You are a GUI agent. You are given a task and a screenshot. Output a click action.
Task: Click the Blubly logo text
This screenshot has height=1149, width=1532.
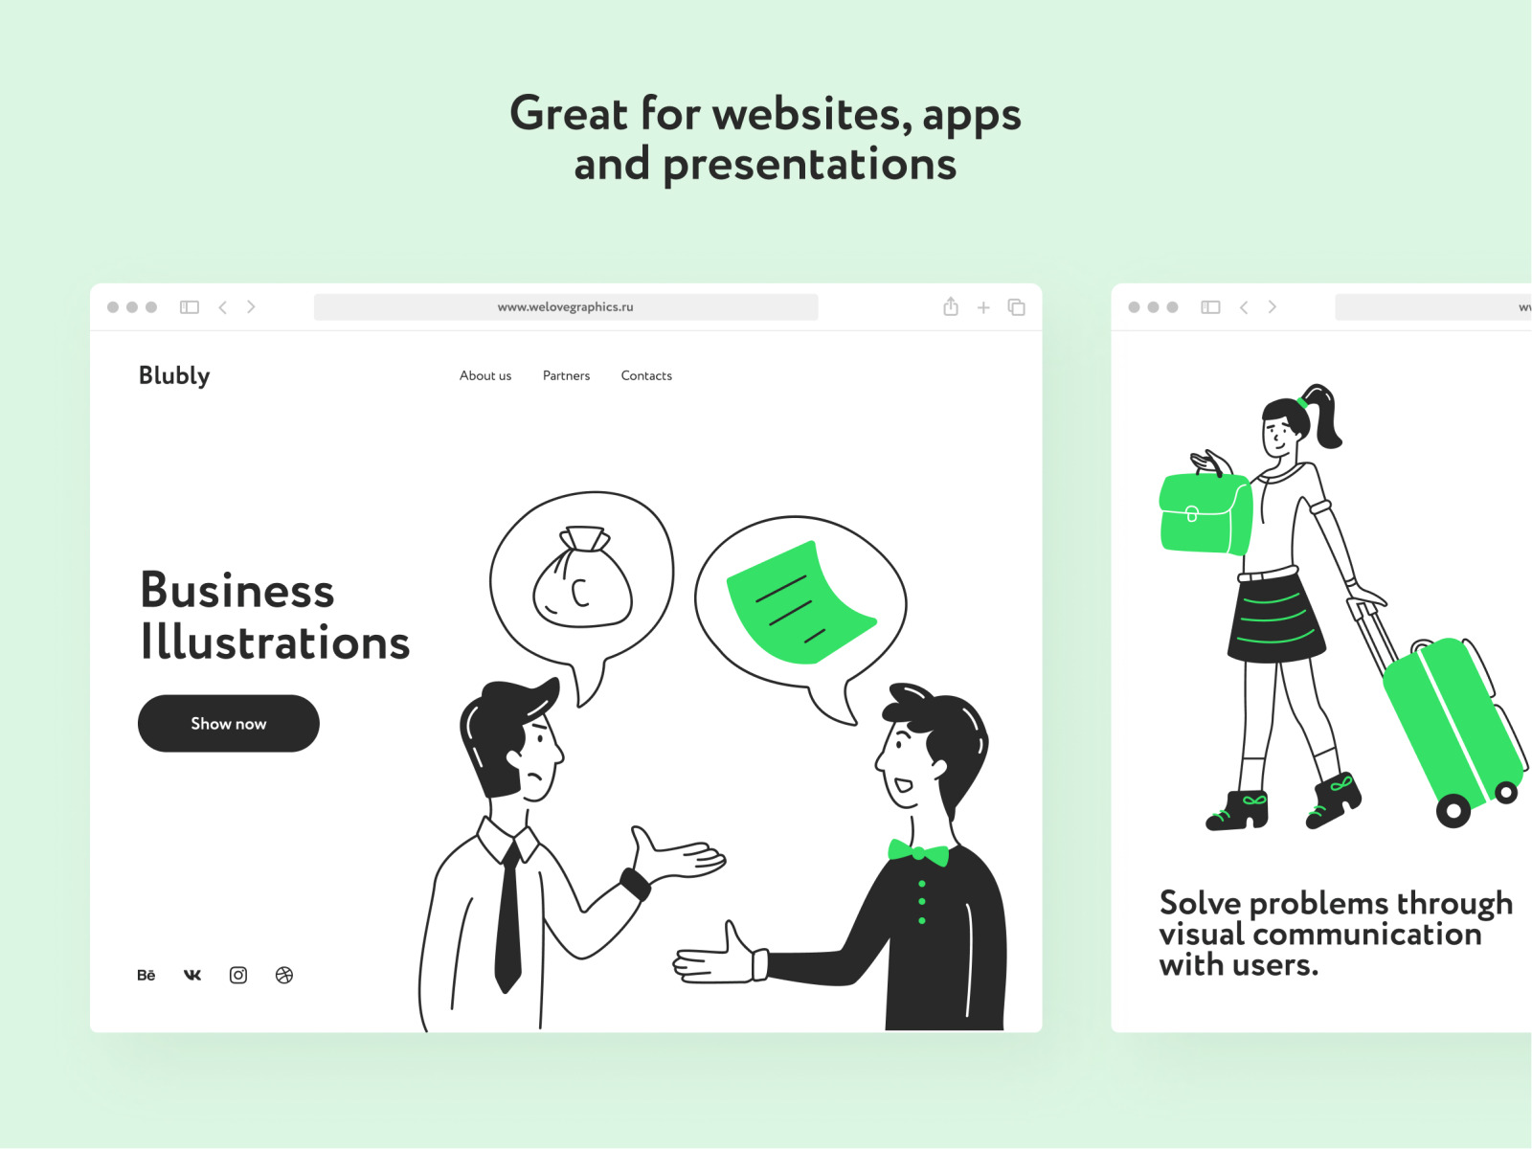(174, 376)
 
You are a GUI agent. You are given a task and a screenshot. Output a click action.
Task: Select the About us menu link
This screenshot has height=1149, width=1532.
(485, 376)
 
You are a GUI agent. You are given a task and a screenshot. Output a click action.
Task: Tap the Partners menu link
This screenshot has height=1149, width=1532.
(566, 376)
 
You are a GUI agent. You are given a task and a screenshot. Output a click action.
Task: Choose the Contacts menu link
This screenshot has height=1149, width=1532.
(646, 376)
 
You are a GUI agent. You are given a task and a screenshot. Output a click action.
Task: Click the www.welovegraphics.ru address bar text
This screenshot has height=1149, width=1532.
(565, 307)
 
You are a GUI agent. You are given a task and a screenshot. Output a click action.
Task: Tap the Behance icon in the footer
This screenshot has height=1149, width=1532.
(146, 976)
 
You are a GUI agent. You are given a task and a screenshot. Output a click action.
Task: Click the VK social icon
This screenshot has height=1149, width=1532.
(191, 976)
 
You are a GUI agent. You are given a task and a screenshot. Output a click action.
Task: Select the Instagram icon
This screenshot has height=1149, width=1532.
(238, 976)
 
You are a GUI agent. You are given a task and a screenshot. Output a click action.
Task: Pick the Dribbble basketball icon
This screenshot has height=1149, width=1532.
(284, 976)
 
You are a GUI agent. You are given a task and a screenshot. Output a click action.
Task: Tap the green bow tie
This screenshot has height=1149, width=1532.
(918, 852)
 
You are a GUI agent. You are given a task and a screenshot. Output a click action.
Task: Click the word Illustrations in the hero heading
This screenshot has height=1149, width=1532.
(275, 642)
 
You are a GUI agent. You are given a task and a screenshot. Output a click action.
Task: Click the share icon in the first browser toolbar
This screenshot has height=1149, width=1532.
(951, 306)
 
